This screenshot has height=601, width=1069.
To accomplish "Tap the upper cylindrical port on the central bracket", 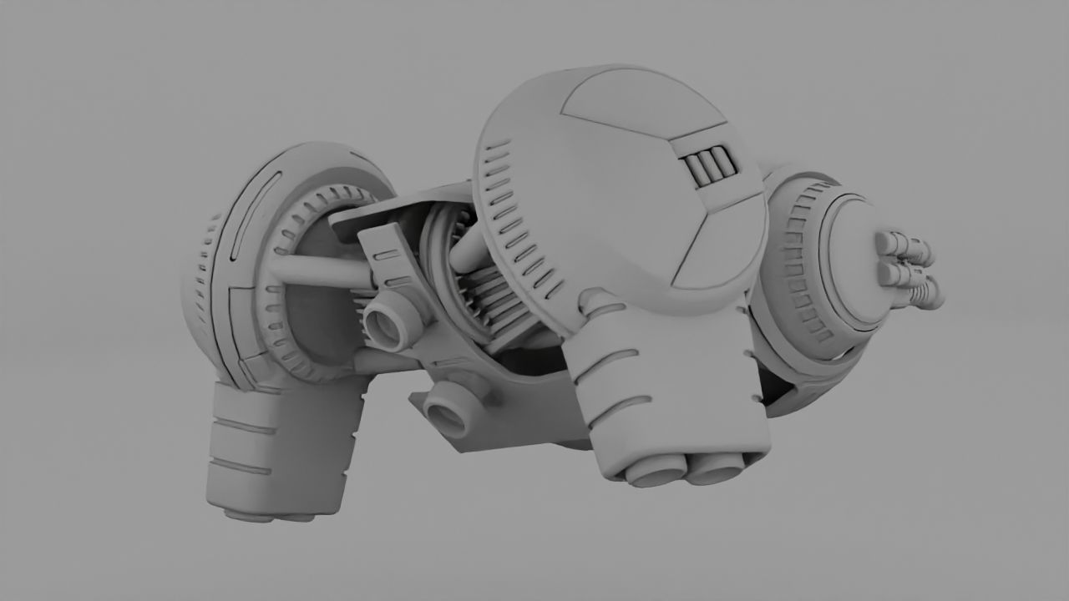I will [389, 322].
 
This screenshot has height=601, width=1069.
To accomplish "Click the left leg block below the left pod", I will [276, 451].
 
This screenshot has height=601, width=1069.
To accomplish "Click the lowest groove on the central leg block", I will [622, 409].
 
